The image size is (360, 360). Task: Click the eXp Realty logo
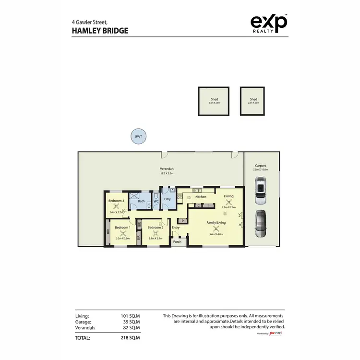click(269, 24)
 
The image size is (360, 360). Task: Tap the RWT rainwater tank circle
click(138, 137)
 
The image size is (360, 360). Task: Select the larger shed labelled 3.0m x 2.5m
click(214, 101)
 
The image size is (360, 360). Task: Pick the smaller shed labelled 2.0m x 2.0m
click(253, 101)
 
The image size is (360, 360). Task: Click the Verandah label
click(167, 169)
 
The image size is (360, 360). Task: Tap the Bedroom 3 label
click(116, 200)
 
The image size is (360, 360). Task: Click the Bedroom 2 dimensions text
click(156, 238)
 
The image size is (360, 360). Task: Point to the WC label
click(156, 201)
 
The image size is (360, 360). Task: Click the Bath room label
click(141, 201)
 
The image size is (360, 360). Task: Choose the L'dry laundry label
click(168, 199)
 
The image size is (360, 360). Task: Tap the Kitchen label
click(201, 197)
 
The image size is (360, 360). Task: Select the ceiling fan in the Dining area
click(228, 202)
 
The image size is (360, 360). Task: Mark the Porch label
click(178, 241)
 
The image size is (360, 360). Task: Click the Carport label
click(261, 166)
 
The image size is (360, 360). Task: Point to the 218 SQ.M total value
click(131, 337)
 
